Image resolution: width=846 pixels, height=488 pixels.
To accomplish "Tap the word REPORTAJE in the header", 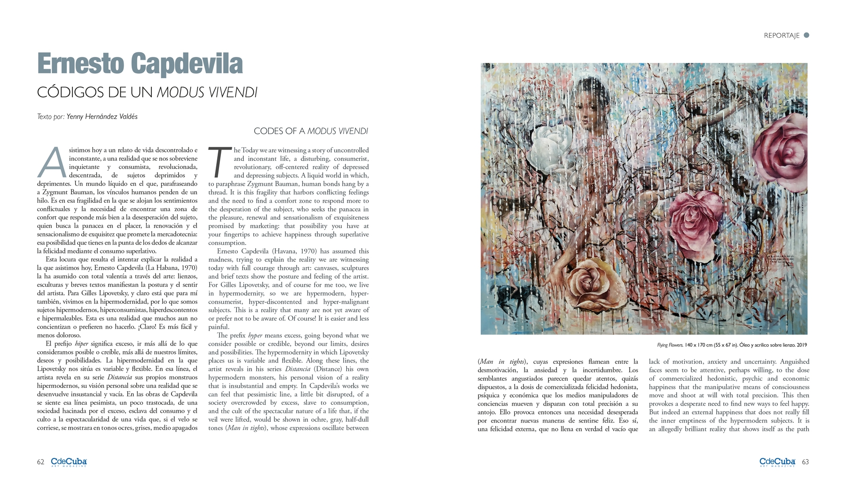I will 781,36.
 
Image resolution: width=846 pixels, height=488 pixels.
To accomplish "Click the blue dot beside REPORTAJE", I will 807,35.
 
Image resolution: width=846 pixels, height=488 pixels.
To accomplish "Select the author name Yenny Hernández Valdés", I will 102,117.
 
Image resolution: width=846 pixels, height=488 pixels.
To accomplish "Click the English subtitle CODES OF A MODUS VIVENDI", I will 311,131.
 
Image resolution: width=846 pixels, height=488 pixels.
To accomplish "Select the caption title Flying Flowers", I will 670,345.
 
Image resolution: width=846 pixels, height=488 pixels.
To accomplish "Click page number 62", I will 40,462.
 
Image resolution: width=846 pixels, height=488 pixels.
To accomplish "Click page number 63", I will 805,462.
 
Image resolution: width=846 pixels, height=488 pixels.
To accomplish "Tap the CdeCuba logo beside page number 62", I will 69,462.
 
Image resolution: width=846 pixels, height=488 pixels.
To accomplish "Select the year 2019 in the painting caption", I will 801,345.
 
